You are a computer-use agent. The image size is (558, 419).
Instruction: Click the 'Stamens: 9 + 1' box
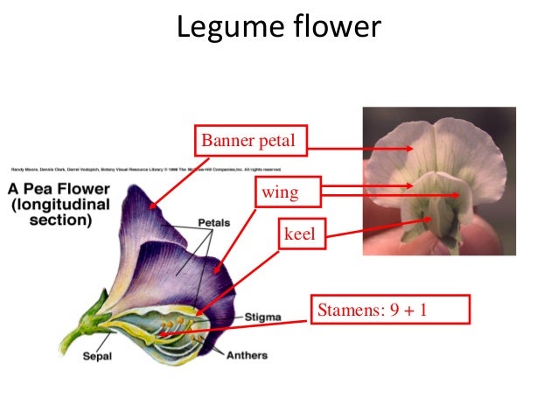(x=390, y=309)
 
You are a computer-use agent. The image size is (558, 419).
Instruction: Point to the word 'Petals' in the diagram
(x=213, y=223)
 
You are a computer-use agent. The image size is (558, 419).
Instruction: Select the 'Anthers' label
(x=247, y=355)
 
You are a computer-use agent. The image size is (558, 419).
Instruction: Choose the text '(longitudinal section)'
(x=58, y=212)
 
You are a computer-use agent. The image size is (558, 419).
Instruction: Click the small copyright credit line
(x=147, y=168)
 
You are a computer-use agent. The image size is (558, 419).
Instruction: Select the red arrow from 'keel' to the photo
(x=379, y=228)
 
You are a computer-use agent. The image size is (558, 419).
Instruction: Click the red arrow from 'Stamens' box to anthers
(x=236, y=325)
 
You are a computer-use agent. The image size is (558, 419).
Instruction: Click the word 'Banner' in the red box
(x=227, y=139)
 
